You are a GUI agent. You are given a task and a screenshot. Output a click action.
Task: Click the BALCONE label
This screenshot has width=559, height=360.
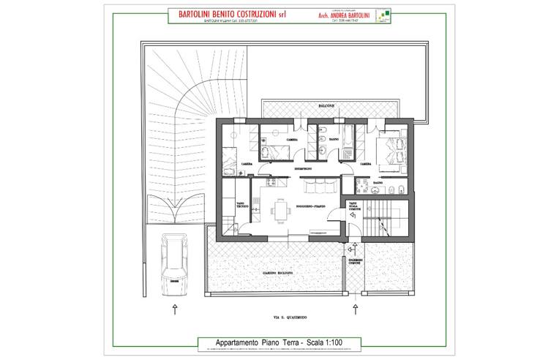[326, 108]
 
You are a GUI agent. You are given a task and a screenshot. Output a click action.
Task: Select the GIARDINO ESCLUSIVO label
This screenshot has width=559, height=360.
[278, 273]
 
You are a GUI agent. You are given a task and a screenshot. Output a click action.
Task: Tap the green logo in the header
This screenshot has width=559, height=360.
[381, 16]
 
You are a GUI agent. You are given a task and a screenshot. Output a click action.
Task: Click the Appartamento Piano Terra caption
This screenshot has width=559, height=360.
[279, 342]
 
